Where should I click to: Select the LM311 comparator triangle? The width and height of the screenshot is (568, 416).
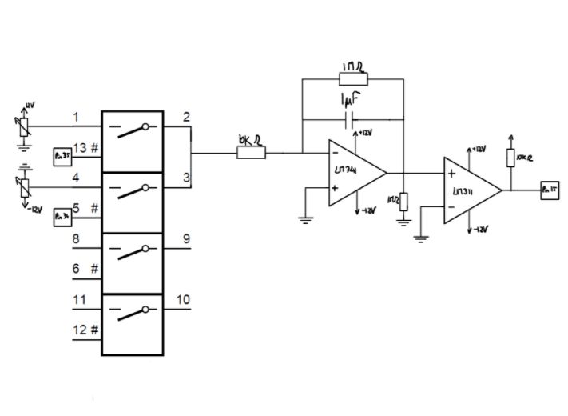click(x=469, y=190)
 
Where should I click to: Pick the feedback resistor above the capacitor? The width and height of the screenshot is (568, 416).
click(x=352, y=78)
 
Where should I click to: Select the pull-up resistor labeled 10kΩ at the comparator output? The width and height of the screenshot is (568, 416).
click(x=509, y=158)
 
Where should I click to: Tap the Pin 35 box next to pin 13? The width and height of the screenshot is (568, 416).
click(x=62, y=154)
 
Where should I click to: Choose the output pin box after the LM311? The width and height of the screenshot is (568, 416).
click(x=549, y=190)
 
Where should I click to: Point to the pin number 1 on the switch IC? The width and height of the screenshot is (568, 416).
click(x=76, y=118)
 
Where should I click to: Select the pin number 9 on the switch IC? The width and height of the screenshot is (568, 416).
click(x=185, y=238)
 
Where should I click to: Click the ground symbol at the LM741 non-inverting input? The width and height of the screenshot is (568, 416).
click(x=304, y=217)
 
